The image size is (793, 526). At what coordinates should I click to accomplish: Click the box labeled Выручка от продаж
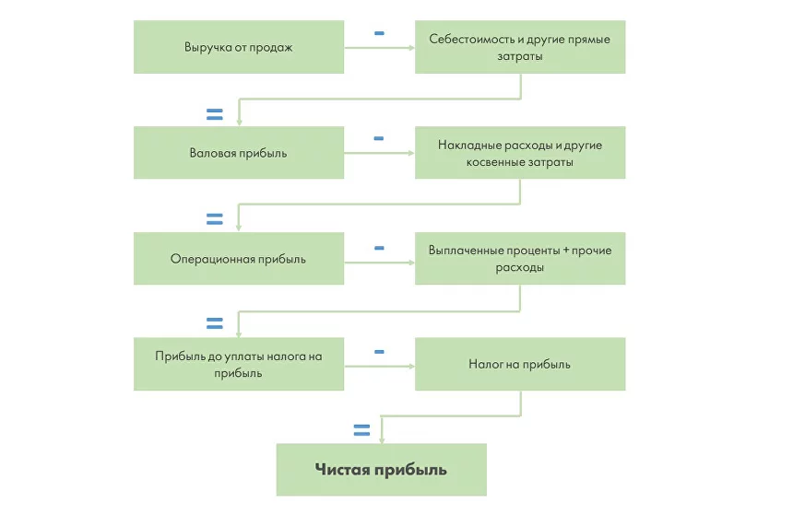[x=238, y=47]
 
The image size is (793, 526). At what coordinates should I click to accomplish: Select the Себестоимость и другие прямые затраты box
[x=519, y=47]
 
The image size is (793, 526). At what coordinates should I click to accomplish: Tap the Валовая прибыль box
[x=238, y=153]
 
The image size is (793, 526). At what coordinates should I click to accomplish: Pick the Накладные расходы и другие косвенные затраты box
[x=519, y=153]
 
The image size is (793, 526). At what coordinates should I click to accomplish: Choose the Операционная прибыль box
[x=238, y=259]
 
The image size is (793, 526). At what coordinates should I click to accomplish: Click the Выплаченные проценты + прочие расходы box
[x=519, y=259]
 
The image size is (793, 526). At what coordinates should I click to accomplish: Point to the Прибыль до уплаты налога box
[x=238, y=364]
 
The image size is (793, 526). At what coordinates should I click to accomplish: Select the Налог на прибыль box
[x=519, y=364]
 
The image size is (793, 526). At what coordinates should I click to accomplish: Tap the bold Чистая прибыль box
[x=381, y=470]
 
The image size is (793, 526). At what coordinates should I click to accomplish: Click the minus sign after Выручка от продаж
[x=379, y=33]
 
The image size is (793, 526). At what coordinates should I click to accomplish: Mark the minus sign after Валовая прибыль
[x=379, y=139]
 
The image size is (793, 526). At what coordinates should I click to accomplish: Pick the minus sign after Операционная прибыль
[x=379, y=248]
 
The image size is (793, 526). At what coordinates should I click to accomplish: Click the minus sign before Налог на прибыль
[x=379, y=352]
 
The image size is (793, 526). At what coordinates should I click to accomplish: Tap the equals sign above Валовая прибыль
[x=214, y=115]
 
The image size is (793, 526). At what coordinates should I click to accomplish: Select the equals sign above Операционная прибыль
[x=214, y=219]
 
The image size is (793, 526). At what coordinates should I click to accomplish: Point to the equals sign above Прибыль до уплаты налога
[x=214, y=323]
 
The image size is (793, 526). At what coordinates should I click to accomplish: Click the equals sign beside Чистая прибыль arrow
[x=361, y=429]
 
